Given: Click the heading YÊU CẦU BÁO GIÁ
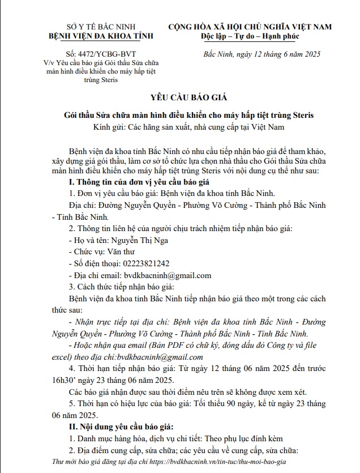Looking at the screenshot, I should point(189,97).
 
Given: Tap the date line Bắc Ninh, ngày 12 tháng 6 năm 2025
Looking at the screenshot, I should point(262,54).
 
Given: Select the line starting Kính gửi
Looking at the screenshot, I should point(189,127).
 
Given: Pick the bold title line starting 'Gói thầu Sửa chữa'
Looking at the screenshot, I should point(189,116).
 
